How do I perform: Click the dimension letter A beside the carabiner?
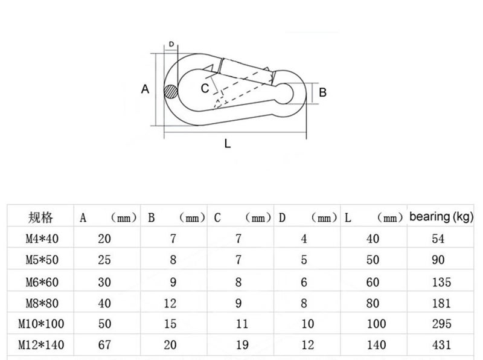145,89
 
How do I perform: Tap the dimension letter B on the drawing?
322,92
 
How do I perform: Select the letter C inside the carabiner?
205,88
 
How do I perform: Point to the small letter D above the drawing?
171,44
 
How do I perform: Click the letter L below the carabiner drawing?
228,143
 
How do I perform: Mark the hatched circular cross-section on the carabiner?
171,92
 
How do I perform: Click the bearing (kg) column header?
441,217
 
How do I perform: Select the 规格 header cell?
40,217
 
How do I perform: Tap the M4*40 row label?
42,239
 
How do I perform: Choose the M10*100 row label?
41,324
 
